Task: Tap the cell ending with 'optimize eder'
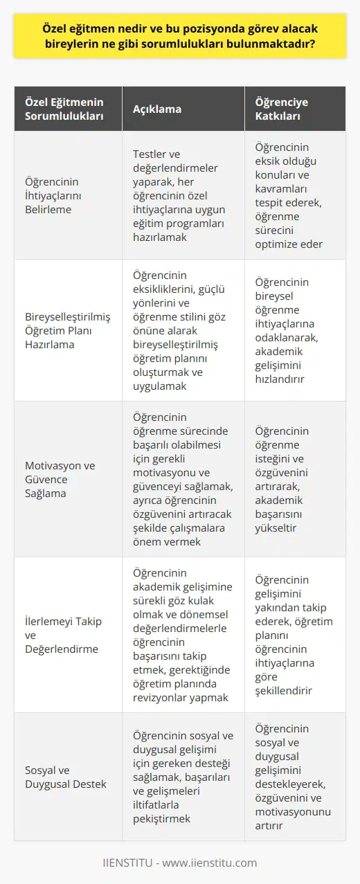pos(299,196)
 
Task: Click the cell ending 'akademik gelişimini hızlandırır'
pos(299,330)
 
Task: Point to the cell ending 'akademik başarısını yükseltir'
pos(299,478)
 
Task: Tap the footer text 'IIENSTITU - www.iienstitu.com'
pos(180,863)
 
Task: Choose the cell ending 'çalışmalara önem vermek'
pos(183,478)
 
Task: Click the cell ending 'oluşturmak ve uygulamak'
pos(183,330)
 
